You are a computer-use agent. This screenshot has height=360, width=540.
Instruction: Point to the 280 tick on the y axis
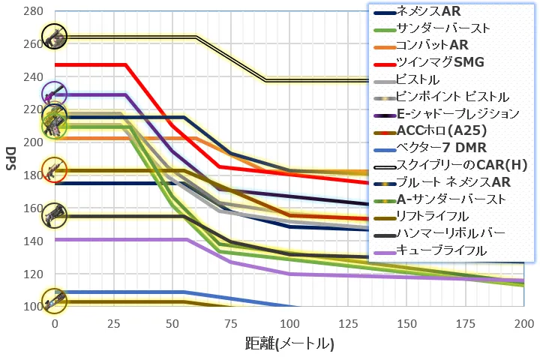tap(34, 11)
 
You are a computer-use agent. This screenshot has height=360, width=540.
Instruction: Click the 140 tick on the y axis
tap(34, 241)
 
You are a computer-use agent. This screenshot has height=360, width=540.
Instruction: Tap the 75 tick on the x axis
tap(231, 324)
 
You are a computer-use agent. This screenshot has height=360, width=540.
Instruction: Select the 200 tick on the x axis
tap(524, 324)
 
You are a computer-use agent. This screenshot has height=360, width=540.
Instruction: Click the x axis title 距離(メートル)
tap(289, 343)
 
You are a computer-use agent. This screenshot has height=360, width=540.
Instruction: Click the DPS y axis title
tap(11, 158)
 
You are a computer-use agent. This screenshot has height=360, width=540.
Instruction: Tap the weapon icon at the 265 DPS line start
tap(55, 36)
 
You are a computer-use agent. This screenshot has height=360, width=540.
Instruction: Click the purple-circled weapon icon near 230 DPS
tap(55, 94)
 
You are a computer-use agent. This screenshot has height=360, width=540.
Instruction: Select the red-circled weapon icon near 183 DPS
tap(55, 169)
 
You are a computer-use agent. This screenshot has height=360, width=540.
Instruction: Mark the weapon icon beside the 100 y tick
tap(55, 301)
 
